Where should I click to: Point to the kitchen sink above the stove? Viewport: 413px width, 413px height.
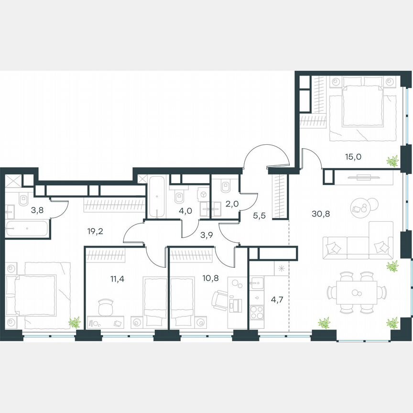click(257, 283)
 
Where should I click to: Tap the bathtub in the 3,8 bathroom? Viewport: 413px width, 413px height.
click(27, 228)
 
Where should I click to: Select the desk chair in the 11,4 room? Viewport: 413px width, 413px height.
click(106, 306)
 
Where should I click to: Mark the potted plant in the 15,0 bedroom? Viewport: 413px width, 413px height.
click(392, 162)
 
